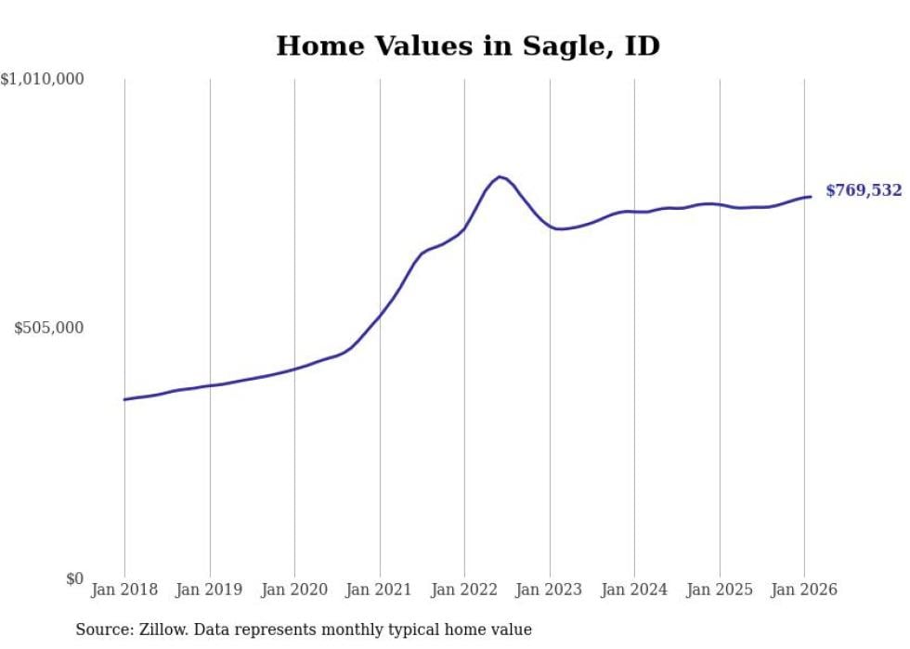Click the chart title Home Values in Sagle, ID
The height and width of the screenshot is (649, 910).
(x=467, y=45)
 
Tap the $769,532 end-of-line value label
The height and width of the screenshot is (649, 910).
(x=863, y=191)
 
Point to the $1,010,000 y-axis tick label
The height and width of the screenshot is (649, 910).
(x=43, y=80)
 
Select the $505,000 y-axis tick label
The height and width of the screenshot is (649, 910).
(x=49, y=328)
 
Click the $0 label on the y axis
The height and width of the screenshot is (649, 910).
(x=74, y=578)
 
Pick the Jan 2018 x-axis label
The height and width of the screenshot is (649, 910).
(x=124, y=591)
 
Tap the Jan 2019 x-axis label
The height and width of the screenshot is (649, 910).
(x=210, y=591)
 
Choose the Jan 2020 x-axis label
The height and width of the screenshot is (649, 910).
(x=294, y=591)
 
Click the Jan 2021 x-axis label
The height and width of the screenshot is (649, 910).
(x=380, y=591)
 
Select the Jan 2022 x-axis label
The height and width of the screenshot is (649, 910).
(x=464, y=591)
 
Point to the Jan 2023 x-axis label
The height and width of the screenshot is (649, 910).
(x=550, y=591)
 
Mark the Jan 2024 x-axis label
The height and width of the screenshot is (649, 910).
(x=634, y=591)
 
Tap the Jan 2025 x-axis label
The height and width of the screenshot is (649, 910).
(x=720, y=591)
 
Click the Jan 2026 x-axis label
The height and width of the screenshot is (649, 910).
(x=804, y=591)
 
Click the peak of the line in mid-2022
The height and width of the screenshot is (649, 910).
(x=500, y=176)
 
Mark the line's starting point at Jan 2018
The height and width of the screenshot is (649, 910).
(x=124, y=399)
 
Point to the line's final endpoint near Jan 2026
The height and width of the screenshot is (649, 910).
(x=811, y=196)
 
